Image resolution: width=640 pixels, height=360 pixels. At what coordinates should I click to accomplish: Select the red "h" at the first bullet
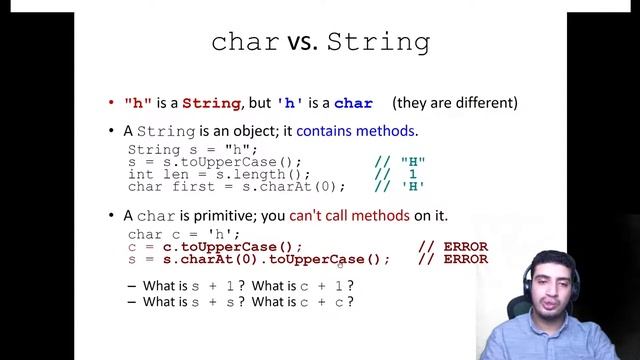point(137,103)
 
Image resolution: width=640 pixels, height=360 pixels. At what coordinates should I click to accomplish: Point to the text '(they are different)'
point(455,103)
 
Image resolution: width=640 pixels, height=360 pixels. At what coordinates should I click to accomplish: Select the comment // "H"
point(400,162)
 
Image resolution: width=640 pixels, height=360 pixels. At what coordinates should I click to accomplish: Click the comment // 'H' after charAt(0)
point(400,186)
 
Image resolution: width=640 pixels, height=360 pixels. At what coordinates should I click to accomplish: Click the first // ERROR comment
point(452,247)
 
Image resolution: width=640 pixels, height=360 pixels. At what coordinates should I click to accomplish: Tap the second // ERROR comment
point(452,259)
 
